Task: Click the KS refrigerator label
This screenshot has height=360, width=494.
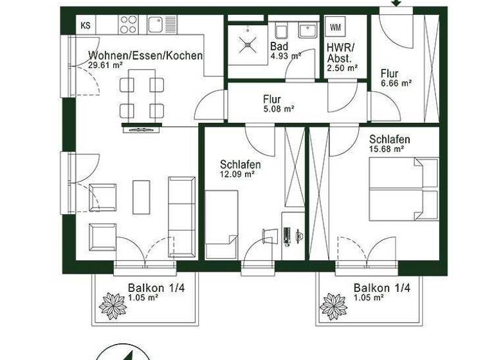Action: click(85, 26)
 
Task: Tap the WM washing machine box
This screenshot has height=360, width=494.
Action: click(336, 27)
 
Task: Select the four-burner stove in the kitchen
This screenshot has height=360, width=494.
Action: click(128, 24)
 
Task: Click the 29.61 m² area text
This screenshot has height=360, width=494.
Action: click(104, 65)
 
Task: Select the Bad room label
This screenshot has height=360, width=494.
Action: click(279, 47)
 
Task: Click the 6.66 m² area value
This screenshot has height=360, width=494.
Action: click(395, 83)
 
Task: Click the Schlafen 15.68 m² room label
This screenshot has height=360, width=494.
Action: click(389, 139)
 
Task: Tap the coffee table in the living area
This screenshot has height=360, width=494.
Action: click(142, 197)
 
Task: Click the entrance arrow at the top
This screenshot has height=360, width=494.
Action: click(396, 3)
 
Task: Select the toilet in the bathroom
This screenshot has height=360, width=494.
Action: click(281, 31)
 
